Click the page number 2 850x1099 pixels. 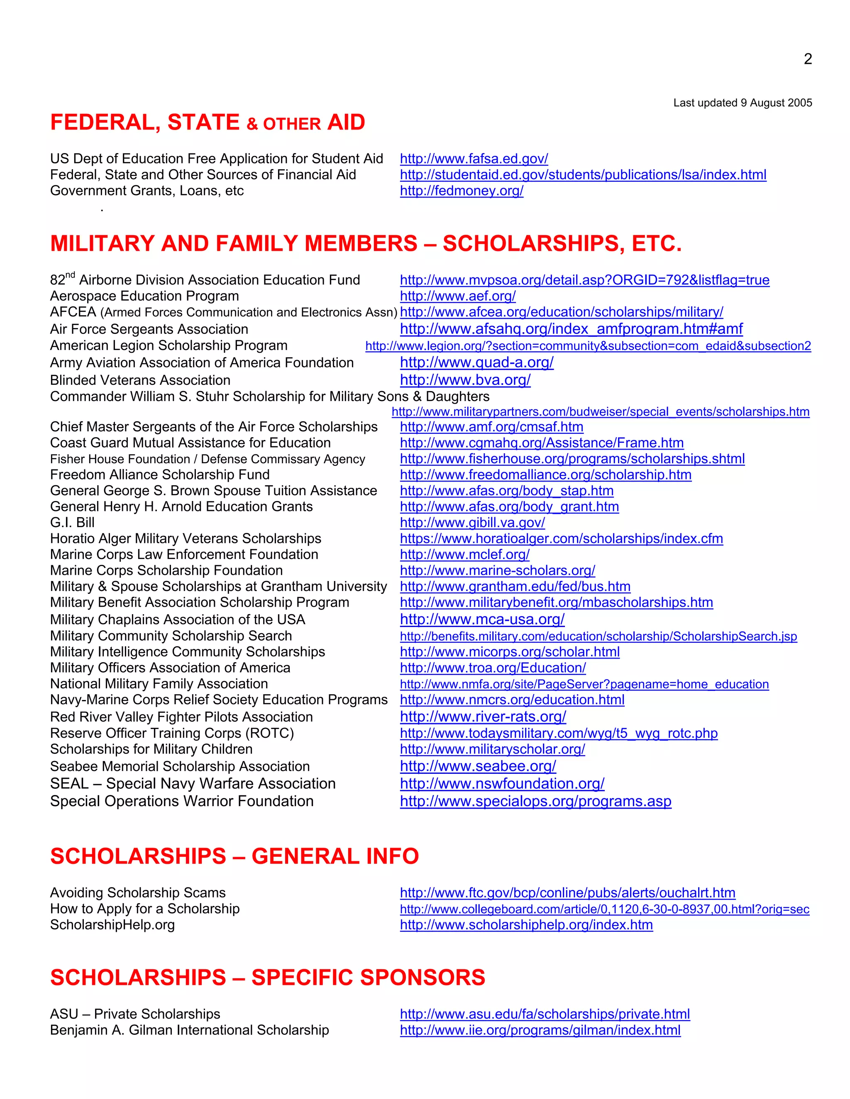tap(808, 59)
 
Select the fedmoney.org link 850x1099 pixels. tap(461, 191)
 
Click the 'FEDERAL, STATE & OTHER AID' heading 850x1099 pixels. tap(208, 123)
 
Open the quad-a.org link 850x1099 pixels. tap(476, 362)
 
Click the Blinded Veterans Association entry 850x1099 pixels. tap(140, 380)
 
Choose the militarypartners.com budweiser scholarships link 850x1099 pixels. tap(600, 412)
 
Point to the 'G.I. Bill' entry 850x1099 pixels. tap(72, 523)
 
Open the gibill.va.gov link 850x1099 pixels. tap(472, 523)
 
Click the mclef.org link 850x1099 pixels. tap(464, 554)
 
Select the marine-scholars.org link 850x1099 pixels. tap(497, 571)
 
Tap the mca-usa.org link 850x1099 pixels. tap(482, 620)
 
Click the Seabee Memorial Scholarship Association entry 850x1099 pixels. tap(180, 766)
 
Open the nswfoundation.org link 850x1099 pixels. tap(501, 783)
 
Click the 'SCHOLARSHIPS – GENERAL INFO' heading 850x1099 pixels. tap(234, 856)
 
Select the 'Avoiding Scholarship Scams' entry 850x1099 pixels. tap(137, 893)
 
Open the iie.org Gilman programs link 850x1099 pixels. tap(540, 1030)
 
